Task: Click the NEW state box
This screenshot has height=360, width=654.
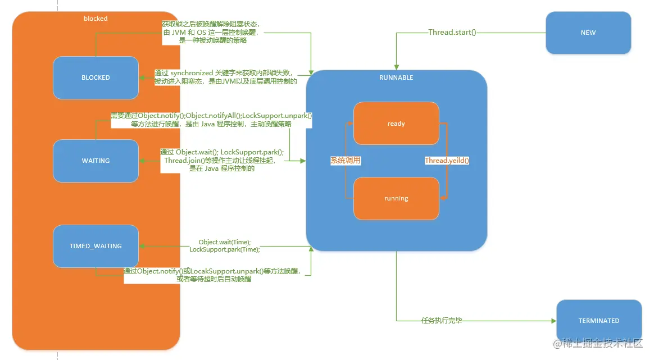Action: [588, 33]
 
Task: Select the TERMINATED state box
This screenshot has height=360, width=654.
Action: [598, 321]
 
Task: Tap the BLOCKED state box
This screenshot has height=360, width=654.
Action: [96, 78]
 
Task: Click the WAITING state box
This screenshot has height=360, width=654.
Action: [96, 161]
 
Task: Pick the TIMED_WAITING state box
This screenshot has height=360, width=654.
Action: [96, 246]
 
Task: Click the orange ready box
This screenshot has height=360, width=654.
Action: [396, 124]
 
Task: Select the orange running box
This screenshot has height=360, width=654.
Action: [396, 198]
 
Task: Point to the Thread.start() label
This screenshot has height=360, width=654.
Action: [452, 33]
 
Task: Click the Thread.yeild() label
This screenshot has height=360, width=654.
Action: [447, 161]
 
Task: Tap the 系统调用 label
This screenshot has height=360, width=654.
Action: [345, 161]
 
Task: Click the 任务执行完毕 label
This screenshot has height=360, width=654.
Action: [441, 321]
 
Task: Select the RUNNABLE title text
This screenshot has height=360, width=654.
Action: [396, 78]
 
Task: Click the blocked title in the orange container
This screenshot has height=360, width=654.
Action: [96, 19]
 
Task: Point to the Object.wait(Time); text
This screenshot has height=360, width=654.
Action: [225, 242]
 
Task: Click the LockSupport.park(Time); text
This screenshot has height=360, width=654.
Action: [225, 249]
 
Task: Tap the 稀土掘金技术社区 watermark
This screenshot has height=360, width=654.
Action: [603, 343]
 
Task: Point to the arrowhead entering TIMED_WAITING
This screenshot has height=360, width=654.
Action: [142, 246]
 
